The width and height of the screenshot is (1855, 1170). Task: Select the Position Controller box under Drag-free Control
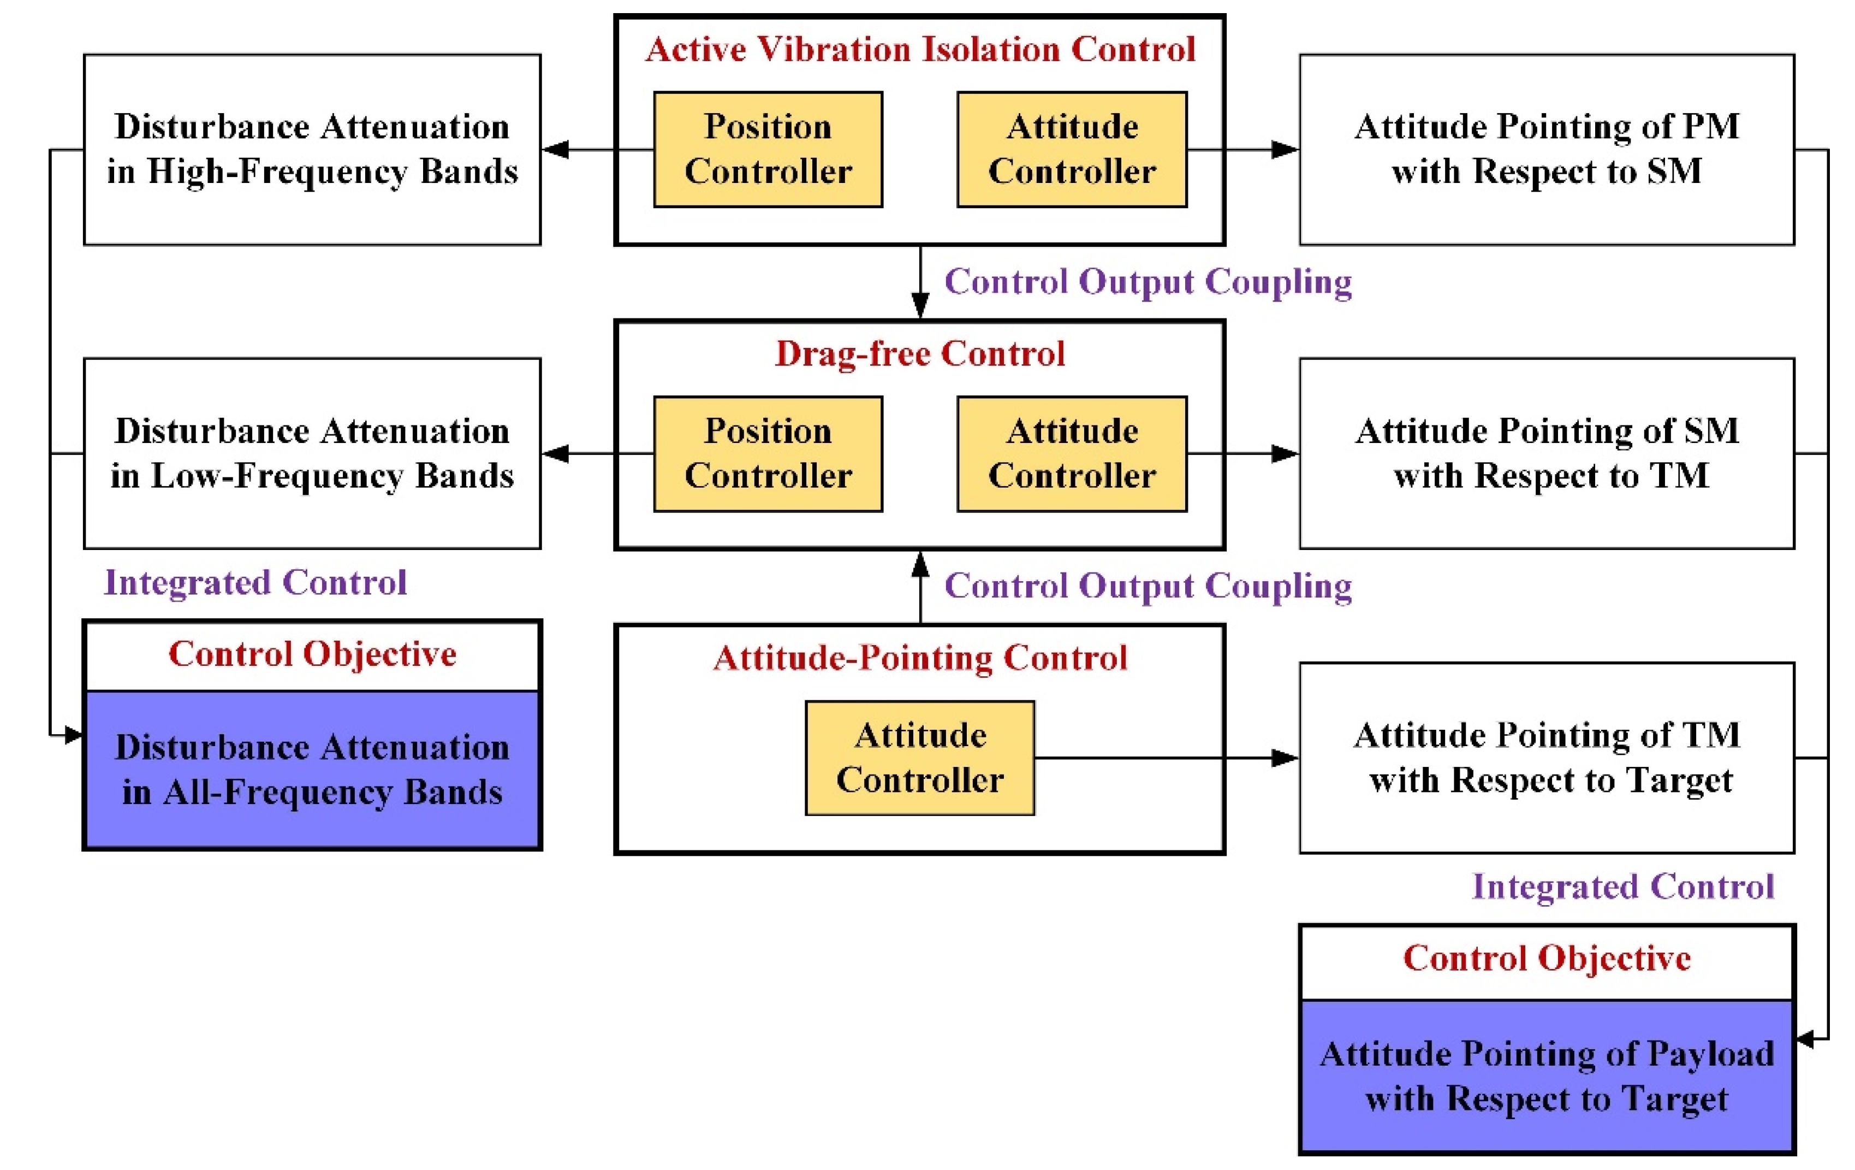coord(768,454)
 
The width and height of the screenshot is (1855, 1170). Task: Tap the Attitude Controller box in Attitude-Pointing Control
coord(920,758)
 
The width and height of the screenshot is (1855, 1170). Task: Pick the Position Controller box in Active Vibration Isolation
coord(768,150)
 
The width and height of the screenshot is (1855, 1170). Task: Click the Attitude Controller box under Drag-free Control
coord(1072,454)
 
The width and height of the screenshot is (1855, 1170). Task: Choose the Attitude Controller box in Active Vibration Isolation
coord(1072,150)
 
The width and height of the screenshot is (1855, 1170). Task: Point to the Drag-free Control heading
coord(920,354)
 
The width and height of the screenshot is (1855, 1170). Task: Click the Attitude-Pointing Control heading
coord(920,658)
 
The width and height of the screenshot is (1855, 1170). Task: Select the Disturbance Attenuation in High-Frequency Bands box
coord(312,150)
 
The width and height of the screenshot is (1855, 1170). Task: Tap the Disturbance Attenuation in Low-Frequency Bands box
coord(312,454)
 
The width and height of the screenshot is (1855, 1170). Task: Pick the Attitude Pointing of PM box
coord(1547,150)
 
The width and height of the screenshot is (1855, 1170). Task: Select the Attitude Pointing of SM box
coord(1547,454)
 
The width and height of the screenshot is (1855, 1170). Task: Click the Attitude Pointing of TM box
coord(1547,758)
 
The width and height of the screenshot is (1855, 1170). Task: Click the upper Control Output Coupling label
coord(1148,282)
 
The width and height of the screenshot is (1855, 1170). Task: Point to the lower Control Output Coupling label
coord(1148,587)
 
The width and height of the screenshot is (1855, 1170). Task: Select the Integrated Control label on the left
coord(255,583)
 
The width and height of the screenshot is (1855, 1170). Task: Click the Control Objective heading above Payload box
coord(1547,959)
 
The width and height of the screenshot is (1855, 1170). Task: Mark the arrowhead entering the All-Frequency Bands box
coord(73,735)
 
